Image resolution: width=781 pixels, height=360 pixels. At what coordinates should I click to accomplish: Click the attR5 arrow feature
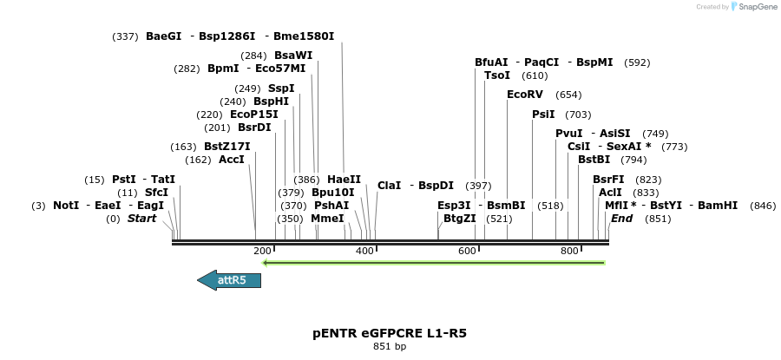coord(228,279)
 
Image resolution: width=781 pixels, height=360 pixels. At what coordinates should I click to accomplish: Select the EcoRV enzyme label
coord(525,94)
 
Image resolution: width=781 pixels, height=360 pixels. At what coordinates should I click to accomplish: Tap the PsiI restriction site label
coord(543,115)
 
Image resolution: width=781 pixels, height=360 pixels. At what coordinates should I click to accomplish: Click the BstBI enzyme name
coord(594,159)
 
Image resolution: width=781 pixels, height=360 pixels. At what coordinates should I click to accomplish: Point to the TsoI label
coord(497,75)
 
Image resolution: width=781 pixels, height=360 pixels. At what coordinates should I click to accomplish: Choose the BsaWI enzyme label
coord(293,55)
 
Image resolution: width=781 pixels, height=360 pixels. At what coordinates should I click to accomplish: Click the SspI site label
coord(281,88)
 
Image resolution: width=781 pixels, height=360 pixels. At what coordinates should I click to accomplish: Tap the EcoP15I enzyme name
coord(254,115)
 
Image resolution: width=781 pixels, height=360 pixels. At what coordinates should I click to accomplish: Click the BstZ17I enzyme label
coord(227,147)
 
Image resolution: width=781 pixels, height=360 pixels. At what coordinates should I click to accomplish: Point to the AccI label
coord(232,160)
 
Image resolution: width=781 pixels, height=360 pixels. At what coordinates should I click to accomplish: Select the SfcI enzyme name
coord(156,193)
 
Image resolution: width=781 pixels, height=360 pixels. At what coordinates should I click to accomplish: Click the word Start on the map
coord(141,219)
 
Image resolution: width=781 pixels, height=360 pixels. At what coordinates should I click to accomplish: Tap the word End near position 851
coord(621,219)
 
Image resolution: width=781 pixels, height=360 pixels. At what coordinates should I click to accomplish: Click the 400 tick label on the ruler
coord(364,251)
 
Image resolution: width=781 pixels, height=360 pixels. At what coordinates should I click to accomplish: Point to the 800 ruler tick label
coord(569,251)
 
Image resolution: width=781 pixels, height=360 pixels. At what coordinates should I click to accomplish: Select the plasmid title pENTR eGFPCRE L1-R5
coord(389,332)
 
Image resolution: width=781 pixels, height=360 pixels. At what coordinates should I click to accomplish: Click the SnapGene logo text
coord(755,7)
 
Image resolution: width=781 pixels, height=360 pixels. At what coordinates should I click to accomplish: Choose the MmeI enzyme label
coord(328,219)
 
